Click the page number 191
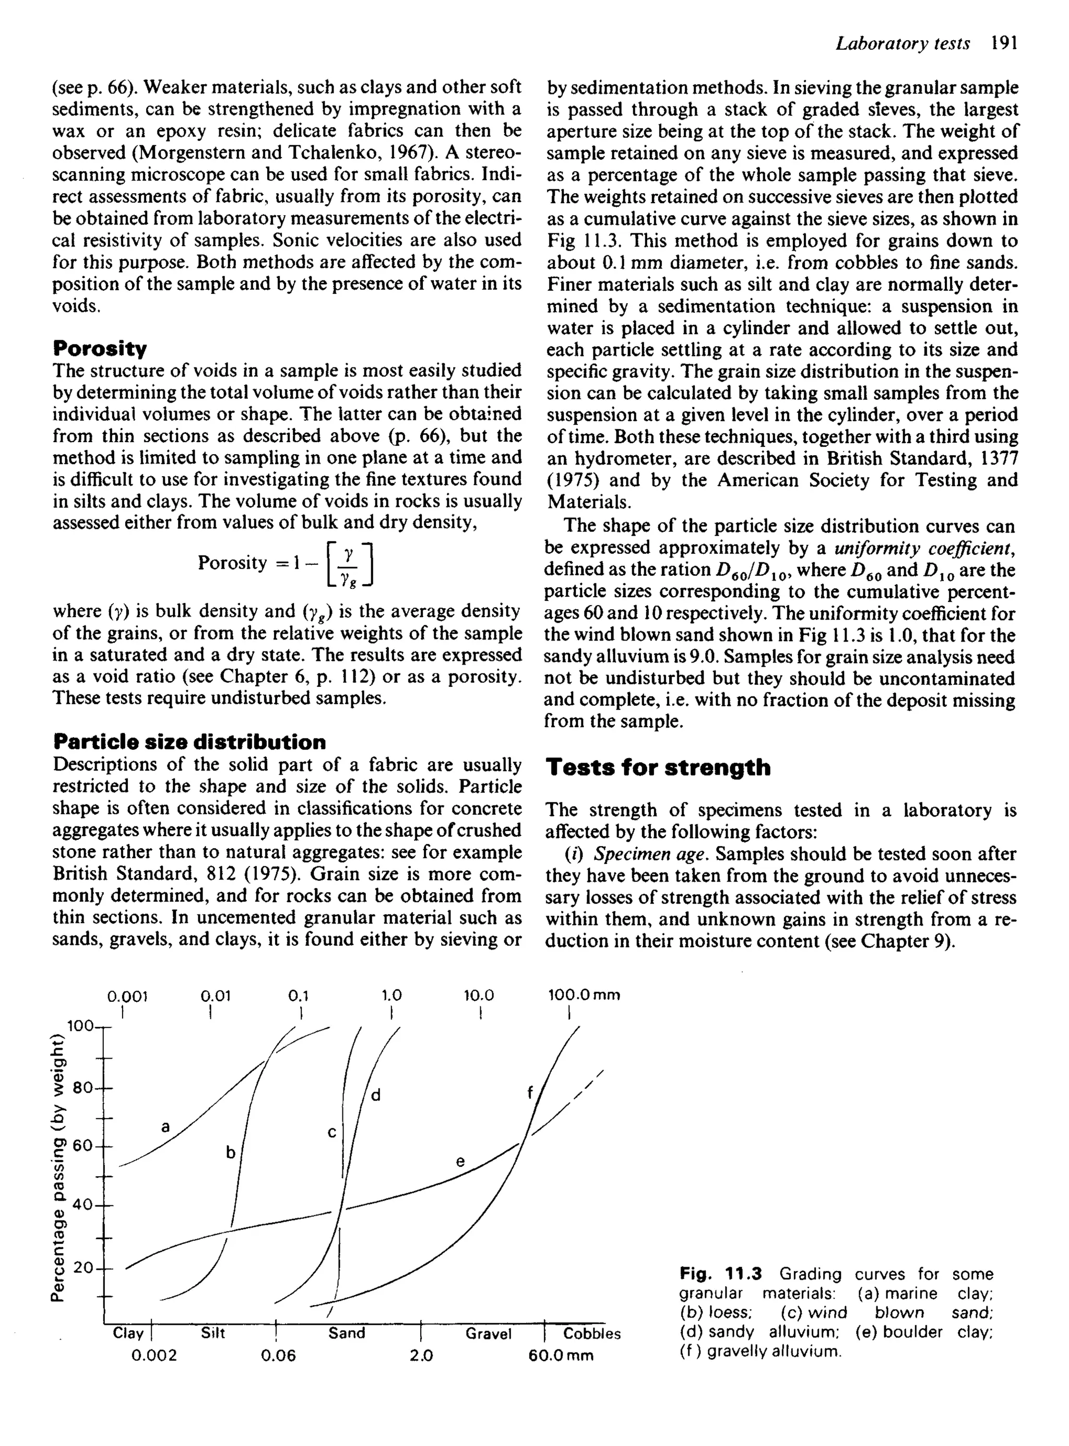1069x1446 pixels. click(x=1004, y=43)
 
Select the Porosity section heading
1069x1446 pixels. click(x=100, y=349)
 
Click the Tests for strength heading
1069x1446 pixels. click(x=658, y=767)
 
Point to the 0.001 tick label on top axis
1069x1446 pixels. click(x=127, y=995)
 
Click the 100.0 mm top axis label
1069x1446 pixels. click(x=583, y=995)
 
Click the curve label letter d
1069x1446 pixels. click(x=375, y=1095)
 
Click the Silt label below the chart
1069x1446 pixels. click(x=213, y=1333)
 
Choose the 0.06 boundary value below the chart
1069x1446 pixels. click(x=278, y=1355)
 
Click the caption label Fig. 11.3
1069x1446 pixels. click(x=721, y=1275)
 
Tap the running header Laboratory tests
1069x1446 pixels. click(x=902, y=43)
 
